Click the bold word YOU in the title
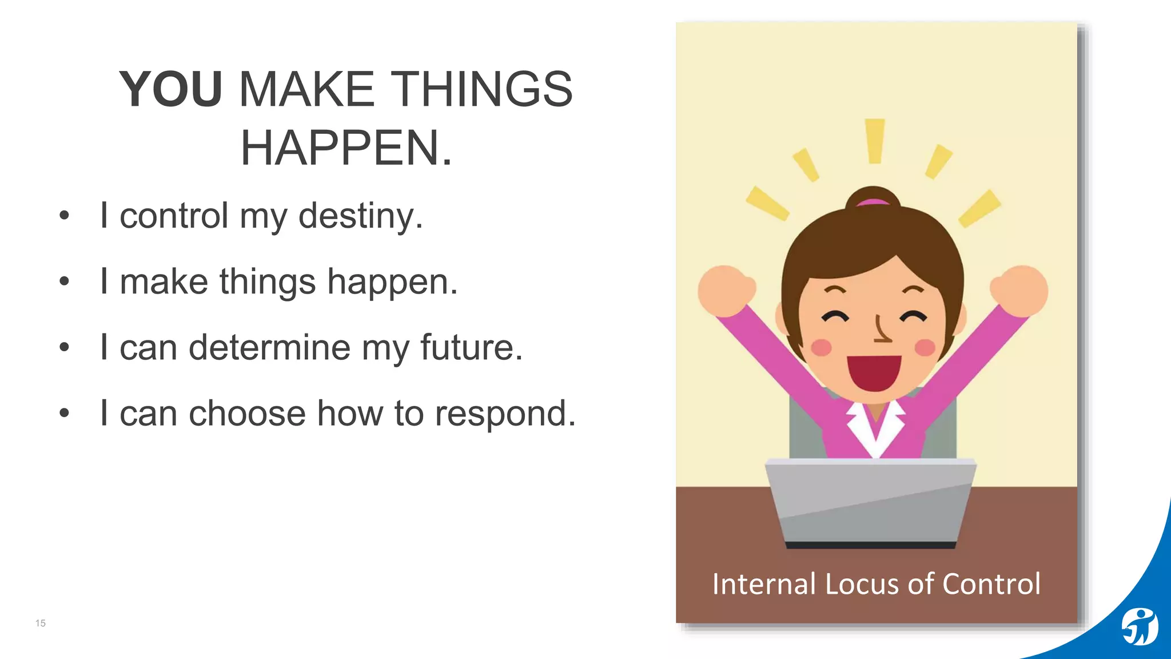[170, 89]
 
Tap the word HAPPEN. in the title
[346, 149]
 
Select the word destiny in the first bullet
[360, 216]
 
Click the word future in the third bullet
[471, 347]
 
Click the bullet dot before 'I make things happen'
[64, 281]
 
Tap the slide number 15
[41, 623]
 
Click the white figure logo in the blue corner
[1139, 627]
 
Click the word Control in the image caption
[991, 584]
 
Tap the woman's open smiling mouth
[874, 372]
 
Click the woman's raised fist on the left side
[725, 290]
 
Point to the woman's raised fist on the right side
[1021, 290]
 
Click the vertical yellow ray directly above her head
[875, 141]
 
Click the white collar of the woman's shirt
[875, 426]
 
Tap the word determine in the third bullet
[269, 347]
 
